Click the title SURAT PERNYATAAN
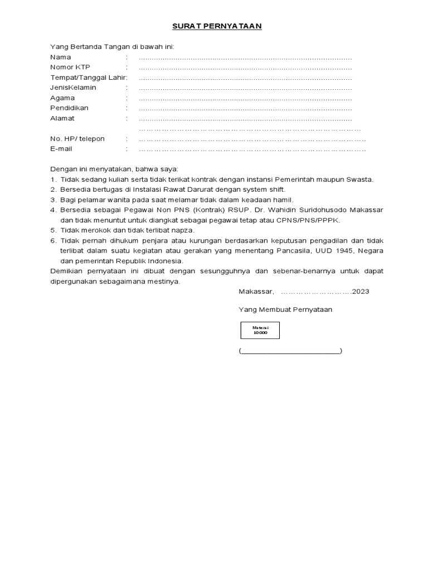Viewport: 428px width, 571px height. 216,26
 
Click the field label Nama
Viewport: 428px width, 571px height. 61,57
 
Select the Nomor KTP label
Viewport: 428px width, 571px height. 70,67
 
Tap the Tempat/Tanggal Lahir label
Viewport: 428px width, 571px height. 88,78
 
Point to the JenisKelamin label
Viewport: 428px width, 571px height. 73,88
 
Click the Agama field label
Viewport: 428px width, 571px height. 62,98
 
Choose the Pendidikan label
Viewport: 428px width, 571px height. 69,108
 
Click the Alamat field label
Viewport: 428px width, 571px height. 62,118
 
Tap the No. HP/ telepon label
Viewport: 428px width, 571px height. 77,139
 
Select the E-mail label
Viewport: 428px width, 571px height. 61,149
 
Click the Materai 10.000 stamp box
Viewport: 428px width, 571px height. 260,330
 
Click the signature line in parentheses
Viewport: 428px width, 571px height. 290,351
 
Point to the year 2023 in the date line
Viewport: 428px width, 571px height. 361,292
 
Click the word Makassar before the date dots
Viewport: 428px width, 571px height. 256,292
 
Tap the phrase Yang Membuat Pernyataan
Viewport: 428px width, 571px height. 285,309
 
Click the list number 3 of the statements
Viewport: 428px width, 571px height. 53,200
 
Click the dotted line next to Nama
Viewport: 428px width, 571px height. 245,58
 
